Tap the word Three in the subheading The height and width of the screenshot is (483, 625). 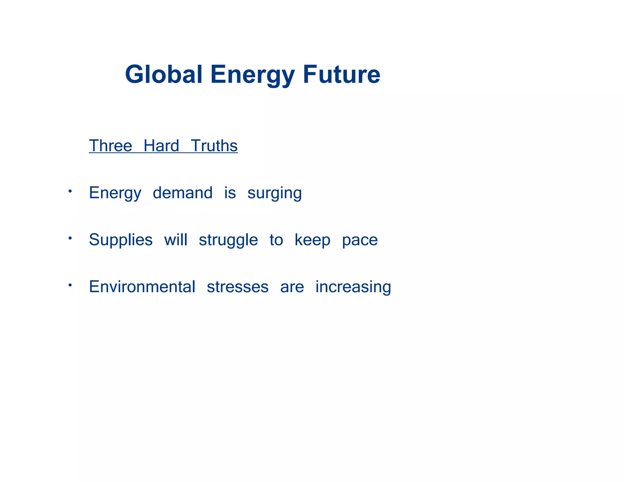110,146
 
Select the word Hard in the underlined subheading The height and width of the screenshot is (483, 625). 161,146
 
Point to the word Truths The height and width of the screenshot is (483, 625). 214,146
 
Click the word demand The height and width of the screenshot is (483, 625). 182,193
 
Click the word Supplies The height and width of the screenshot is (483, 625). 121,240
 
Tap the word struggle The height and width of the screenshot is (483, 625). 228,240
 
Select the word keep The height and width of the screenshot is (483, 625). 312,240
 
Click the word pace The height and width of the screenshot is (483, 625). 360,240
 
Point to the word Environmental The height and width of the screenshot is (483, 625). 142,287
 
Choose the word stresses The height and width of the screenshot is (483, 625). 237,287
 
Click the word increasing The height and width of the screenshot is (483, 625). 353,287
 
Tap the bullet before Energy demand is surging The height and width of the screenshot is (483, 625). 70,191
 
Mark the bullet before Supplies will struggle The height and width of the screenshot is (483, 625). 70,238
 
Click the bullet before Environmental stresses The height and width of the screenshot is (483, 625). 70,285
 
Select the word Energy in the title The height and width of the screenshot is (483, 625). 252,75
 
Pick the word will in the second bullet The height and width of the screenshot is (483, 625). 175,240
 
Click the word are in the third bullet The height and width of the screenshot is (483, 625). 292,287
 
